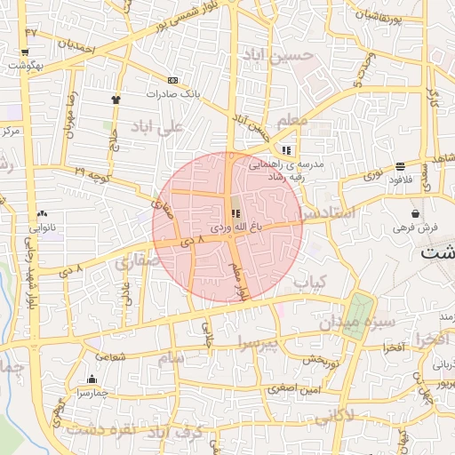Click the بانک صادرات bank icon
click(172, 80)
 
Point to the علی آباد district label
click(156, 127)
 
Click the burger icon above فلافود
click(400, 166)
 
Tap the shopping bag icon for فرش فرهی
click(415, 214)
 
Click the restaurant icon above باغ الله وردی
click(235, 213)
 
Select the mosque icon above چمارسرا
click(92, 379)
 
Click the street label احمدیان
click(76, 46)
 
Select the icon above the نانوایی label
click(42, 214)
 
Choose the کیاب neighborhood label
click(310, 282)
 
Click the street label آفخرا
click(394, 346)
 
